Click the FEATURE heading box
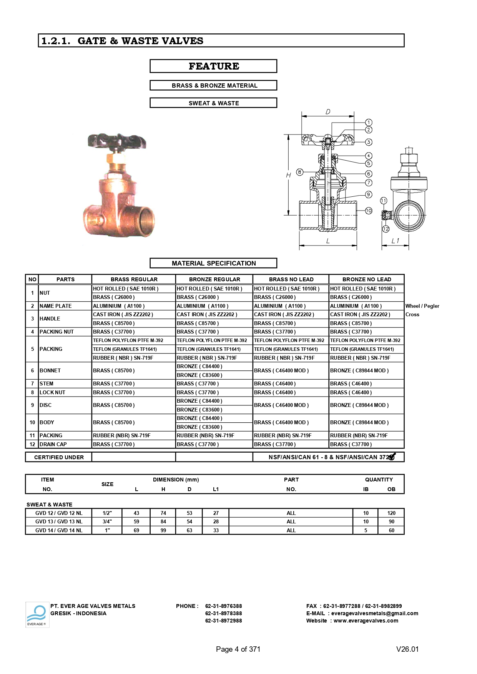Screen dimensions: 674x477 [213, 66]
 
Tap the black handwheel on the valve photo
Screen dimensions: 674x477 [116, 141]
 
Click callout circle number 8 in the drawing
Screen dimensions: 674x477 [300, 172]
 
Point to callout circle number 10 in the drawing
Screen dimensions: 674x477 [369, 211]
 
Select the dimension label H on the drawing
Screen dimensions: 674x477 [288, 175]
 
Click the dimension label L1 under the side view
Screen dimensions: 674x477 [395, 241]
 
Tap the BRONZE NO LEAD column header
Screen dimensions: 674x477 [366, 279]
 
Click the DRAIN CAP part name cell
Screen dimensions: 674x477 [53, 444]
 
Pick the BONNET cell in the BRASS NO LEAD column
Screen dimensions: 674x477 [281, 370]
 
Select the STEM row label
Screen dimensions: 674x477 [47, 383]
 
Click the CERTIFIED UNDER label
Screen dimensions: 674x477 [59, 457]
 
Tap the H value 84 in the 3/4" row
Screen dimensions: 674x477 [163, 521]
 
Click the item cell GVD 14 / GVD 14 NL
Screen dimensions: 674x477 [59, 530]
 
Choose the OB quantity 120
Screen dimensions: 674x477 [391, 513]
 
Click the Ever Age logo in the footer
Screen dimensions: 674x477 [37, 614]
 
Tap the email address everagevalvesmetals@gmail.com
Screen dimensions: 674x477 [374, 613]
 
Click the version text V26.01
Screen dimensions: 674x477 [407, 649]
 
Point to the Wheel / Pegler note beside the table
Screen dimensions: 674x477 [422, 306]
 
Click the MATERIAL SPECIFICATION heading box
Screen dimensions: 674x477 [213, 263]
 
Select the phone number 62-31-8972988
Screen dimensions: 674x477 [223, 621]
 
